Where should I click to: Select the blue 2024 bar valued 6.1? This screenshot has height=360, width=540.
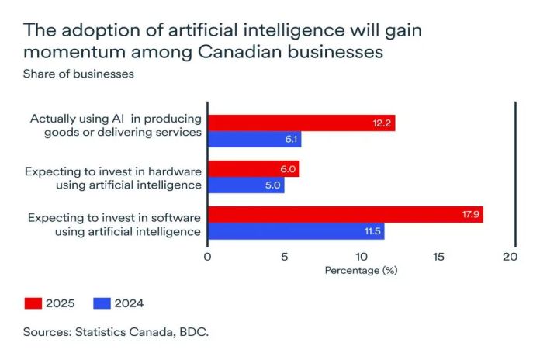254,140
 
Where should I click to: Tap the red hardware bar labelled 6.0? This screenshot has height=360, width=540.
254,168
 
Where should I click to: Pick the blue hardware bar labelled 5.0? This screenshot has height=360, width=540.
246,185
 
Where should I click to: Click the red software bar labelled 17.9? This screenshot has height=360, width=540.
345,215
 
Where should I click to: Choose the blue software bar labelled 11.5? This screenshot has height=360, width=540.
296,232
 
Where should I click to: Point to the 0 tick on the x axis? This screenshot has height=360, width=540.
208,257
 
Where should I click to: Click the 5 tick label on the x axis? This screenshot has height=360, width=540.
284,257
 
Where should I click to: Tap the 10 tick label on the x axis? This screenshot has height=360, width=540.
359,257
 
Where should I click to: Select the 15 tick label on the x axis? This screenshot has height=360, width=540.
435,257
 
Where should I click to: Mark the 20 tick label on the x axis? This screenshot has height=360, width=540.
511,257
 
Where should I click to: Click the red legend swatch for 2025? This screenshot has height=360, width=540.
33,303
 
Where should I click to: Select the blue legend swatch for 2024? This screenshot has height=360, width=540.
101,303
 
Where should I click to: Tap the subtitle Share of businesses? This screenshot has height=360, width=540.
68,74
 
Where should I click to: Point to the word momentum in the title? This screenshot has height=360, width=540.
70,53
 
